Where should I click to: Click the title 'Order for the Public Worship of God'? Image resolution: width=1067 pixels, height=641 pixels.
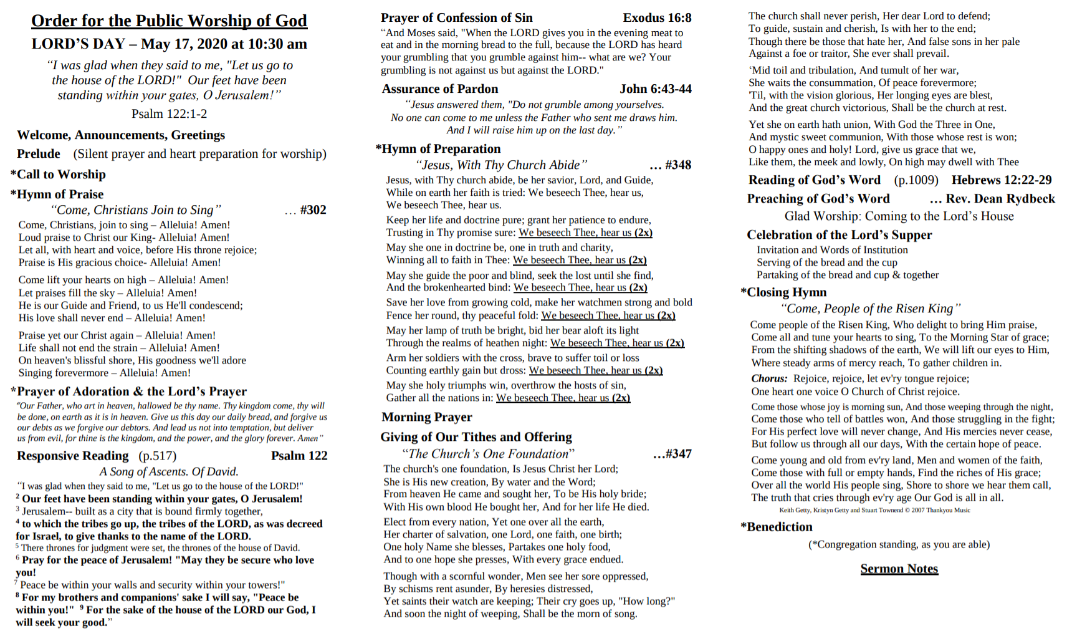pos(169,21)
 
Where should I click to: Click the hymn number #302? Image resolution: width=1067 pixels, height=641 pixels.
pos(313,210)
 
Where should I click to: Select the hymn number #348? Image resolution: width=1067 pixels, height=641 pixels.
pos(678,165)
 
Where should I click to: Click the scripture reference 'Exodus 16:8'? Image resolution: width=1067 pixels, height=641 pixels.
pos(657,18)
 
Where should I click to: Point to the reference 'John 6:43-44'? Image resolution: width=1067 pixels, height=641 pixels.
pos(655,89)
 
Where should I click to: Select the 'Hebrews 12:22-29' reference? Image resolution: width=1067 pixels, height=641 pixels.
pos(1001,180)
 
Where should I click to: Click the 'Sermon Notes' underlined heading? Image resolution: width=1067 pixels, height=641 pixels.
pos(899,569)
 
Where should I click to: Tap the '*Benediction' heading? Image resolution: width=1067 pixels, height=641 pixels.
pos(777,527)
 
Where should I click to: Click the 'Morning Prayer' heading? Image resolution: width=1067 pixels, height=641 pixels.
pos(427,417)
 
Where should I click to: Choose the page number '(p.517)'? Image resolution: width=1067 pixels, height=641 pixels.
pos(157,456)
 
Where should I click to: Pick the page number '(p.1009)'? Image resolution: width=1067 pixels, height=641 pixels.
pos(916,180)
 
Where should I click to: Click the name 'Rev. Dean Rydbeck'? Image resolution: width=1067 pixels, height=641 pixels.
pos(1000,199)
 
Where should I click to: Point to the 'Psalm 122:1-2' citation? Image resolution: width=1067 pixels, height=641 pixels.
pos(169,113)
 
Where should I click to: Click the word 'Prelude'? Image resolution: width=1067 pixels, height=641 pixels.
pos(39,154)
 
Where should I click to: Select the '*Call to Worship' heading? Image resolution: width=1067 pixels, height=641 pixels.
pos(58,175)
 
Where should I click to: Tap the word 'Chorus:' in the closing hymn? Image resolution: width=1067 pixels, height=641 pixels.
pos(769,378)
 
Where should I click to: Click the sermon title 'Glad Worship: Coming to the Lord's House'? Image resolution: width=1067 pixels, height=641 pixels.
pos(899,216)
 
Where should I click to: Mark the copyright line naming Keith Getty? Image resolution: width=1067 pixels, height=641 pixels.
pos(874,510)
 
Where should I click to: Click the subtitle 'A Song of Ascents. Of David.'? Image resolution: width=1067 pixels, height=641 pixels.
pos(169,472)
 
